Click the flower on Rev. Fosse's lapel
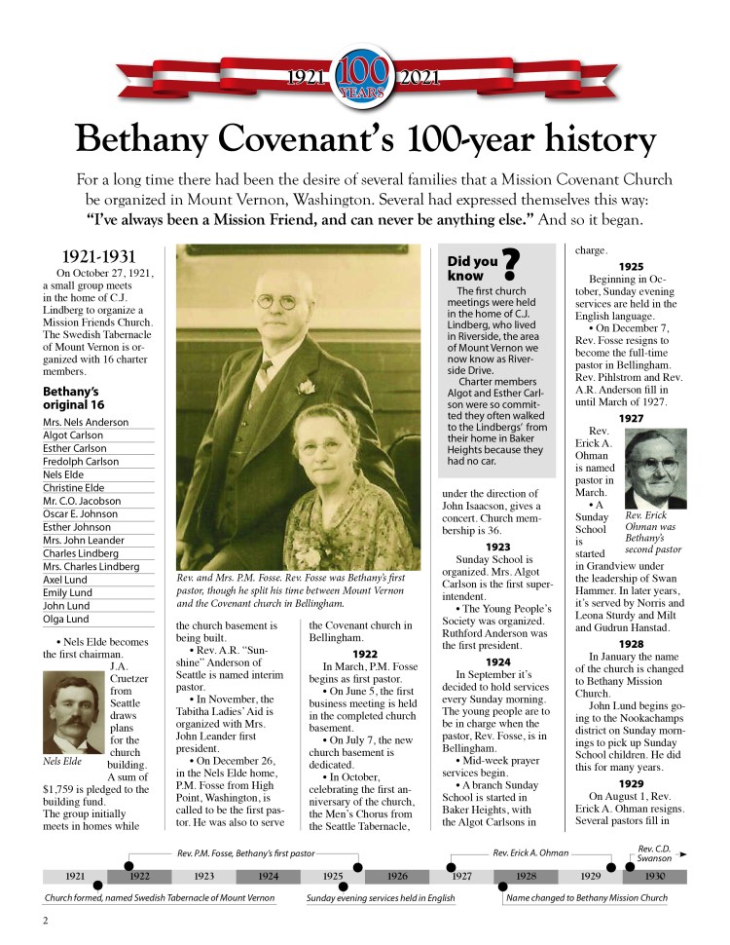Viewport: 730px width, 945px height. coord(307,387)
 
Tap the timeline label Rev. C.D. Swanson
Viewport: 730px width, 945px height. coord(657,853)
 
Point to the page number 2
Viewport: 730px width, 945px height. coord(46,921)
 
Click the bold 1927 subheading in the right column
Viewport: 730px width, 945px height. coord(630,418)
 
